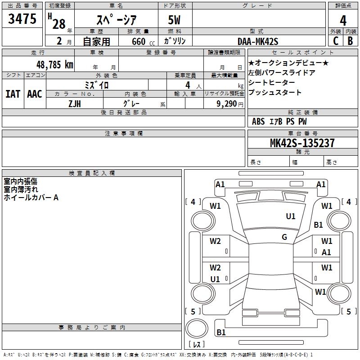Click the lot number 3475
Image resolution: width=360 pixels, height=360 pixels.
tap(22, 18)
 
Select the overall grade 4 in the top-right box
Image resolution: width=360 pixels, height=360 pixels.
tap(343, 20)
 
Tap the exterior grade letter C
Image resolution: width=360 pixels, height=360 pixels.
tap(336, 41)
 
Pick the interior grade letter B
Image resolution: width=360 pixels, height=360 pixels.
tap(351, 41)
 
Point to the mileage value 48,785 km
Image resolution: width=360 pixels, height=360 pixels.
tap(55, 65)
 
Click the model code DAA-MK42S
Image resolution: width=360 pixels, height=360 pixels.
tap(258, 41)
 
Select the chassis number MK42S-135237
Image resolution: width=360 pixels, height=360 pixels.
tap(302, 143)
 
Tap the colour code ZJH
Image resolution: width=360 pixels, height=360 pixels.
tap(75, 104)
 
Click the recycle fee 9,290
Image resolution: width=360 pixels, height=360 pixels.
tap(227, 104)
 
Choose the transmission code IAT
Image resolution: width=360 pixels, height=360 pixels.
tap(13, 94)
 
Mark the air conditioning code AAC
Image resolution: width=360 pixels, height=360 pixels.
tap(35, 94)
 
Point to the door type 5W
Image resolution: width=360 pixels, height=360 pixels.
tap(174, 20)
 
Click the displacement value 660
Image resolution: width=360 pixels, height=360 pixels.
tap(139, 41)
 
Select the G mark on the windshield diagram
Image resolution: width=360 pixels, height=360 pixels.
tap(284, 237)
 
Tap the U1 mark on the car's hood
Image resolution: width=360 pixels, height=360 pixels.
tap(290, 216)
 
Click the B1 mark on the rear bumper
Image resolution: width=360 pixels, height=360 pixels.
tap(221, 332)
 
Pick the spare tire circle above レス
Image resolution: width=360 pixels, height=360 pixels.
tap(197, 328)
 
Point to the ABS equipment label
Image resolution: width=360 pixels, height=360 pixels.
tap(258, 121)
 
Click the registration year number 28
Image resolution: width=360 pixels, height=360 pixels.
tap(59, 24)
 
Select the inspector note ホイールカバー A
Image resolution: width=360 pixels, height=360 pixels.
tap(31, 198)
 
